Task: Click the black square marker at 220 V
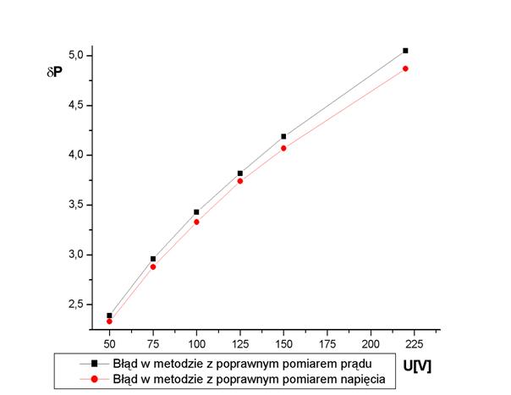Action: (x=405, y=51)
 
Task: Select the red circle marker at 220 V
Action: (x=405, y=69)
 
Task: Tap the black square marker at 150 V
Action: (x=283, y=136)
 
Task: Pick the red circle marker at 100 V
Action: (x=196, y=222)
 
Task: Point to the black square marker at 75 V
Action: (x=153, y=259)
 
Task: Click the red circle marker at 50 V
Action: (x=109, y=321)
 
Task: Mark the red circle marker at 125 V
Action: (x=240, y=181)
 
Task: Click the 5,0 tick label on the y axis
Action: (x=74, y=56)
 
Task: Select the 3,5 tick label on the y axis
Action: (x=74, y=205)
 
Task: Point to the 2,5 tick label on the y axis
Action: (x=74, y=304)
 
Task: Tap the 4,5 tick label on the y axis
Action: (x=74, y=106)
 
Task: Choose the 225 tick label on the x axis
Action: (x=415, y=346)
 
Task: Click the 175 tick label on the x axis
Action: (x=327, y=346)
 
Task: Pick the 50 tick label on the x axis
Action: (x=109, y=346)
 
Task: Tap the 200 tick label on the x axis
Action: (x=371, y=346)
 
